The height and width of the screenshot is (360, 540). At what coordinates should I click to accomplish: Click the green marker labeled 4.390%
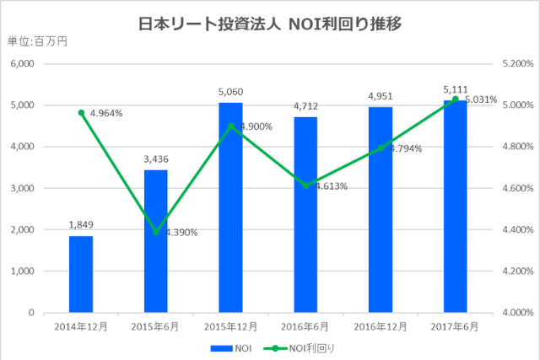(155, 232)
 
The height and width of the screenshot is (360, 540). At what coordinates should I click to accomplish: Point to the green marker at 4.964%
(81, 113)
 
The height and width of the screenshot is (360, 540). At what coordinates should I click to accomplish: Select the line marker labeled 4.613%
(305, 185)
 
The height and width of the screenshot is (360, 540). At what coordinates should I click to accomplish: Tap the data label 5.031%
(482, 99)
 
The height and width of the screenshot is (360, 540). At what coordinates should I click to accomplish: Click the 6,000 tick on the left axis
(19, 64)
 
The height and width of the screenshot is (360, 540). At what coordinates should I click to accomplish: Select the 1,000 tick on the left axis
(19, 271)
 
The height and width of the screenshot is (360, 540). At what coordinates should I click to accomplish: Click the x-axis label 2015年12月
(230, 326)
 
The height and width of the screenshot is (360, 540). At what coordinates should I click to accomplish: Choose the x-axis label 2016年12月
(381, 326)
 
